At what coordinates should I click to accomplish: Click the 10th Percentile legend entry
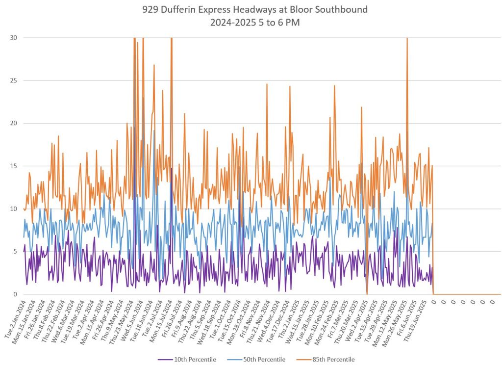tap(189, 360)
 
